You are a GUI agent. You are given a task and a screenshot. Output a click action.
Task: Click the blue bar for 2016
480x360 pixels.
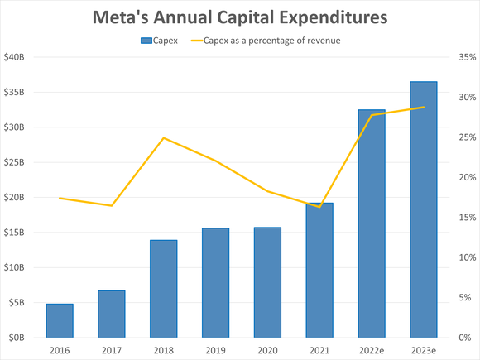[x=60, y=321]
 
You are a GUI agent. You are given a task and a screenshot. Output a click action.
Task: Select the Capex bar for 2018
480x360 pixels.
[x=164, y=289]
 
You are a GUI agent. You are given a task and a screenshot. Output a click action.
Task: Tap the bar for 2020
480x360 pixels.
[x=267, y=282]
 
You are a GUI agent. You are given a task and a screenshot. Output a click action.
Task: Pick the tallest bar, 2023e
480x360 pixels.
[x=423, y=209]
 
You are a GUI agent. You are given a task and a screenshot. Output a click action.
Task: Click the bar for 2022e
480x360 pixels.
[x=371, y=223]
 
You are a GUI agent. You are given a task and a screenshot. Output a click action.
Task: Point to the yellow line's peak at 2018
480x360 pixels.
[x=164, y=137]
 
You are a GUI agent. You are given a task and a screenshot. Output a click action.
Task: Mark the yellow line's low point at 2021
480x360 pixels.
[x=319, y=207]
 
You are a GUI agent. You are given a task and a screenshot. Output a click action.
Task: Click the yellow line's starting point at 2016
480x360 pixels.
[x=60, y=198]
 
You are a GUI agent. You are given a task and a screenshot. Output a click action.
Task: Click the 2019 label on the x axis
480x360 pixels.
[x=215, y=350]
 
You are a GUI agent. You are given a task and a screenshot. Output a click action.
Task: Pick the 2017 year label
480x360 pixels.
[x=112, y=350]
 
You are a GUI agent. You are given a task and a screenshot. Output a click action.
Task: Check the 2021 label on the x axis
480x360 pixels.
[x=319, y=350]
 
